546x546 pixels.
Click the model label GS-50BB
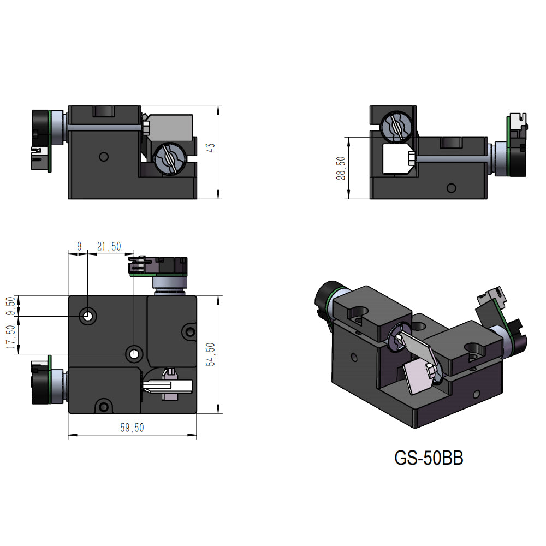[429, 458]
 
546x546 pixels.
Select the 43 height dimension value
[212, 147]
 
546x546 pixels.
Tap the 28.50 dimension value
[341, 168]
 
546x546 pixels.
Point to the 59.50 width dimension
[132, 428]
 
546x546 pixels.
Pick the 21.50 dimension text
[109, 247]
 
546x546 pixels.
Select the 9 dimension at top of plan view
[79, 247]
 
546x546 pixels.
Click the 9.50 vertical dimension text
[9, 306]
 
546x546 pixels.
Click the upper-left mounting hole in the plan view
[87, 316]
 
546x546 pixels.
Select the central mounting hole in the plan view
[134, 354]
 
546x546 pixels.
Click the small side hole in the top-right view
[451, 188]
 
